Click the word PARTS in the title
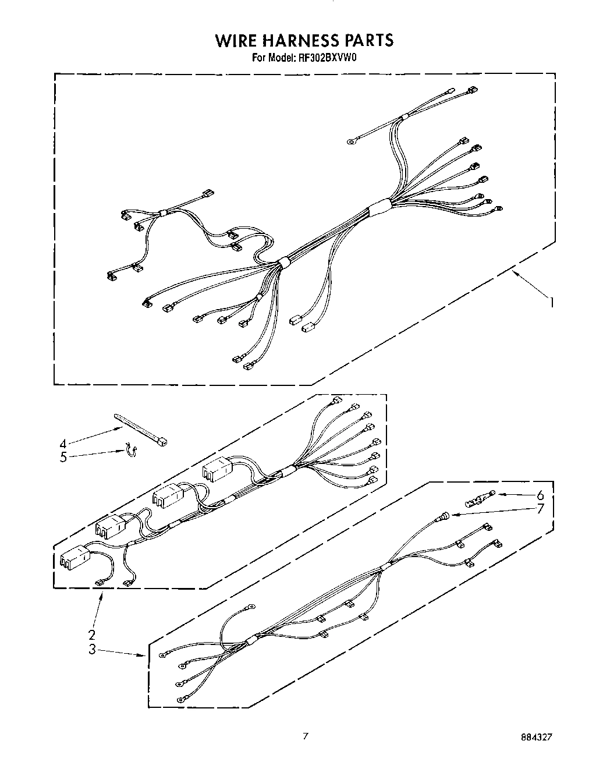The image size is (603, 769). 371,40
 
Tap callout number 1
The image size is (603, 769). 551,302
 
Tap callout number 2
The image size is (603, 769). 91,635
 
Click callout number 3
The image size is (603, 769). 91,650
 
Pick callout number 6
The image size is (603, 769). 540,495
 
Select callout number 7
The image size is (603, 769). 540,509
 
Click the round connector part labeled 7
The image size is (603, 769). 444,516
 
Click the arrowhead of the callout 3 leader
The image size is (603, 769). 144,656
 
